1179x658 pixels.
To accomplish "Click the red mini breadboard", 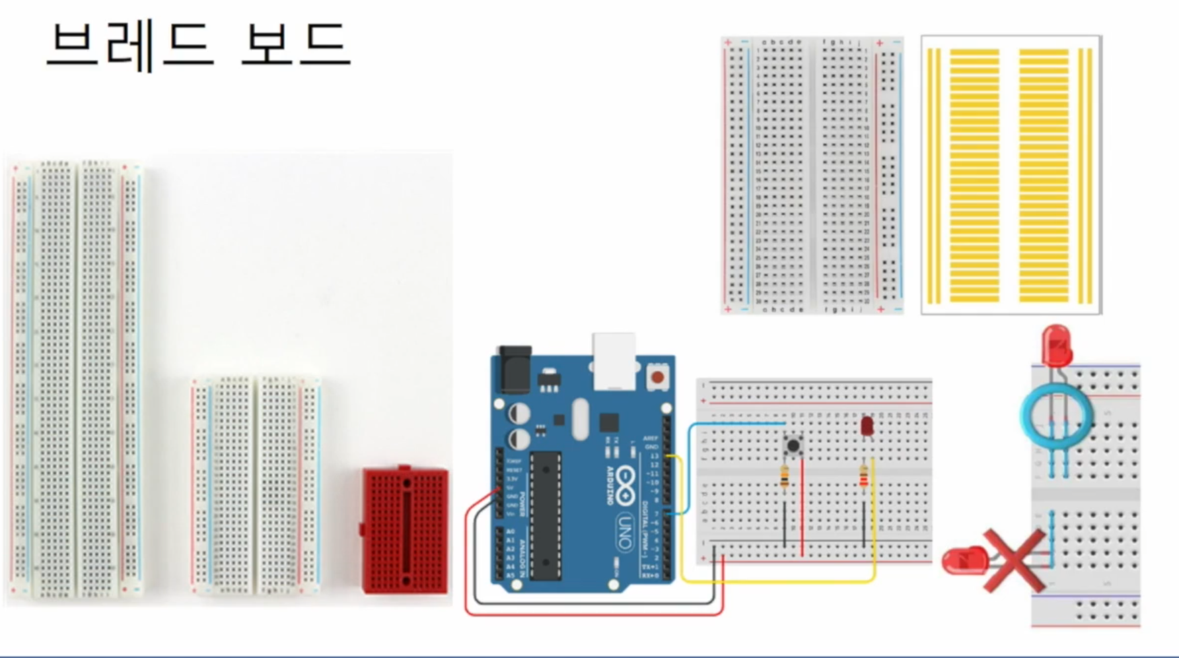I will click(x=406, y=531).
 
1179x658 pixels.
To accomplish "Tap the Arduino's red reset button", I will click(x=657, y=378).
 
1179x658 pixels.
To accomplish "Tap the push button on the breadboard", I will click(x=793, y=445).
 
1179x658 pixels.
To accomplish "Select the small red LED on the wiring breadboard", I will click(x=867, y=426).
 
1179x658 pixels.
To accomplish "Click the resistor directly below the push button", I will click(x=785, y=477).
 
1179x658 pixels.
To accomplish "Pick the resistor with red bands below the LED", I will click(x=863, y=477).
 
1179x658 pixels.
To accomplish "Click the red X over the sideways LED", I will click(x=1014, y=560).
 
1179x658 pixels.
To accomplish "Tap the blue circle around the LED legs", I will click(x=1056, y=416).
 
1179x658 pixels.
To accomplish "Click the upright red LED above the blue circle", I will click(x=1056, y=345).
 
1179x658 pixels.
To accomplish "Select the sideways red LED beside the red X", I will click(x=965, y=561).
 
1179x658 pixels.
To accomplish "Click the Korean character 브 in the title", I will click(x=73, y=45).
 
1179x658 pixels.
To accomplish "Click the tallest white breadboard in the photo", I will click(x=77, y=379).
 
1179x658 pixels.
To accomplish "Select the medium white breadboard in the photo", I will click(x=256, y=485).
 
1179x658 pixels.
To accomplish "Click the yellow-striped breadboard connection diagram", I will click(x=1011, y=175).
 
